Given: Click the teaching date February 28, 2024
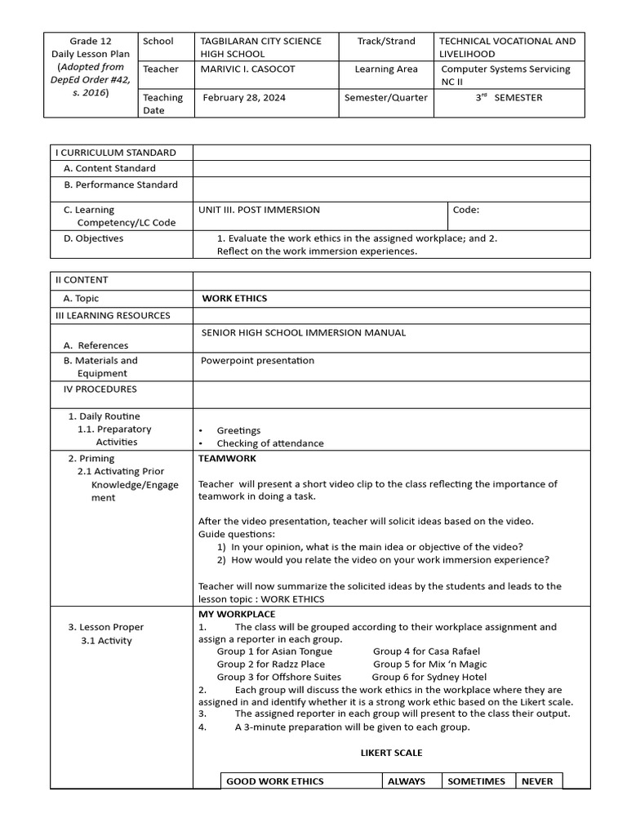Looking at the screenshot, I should pos(244,97).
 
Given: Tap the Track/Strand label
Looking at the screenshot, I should pos(386,41).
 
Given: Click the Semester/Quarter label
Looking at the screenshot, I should pos(386,97).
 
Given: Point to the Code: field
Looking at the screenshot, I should pos(466,210).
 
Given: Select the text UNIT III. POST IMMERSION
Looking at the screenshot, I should pos(259,210).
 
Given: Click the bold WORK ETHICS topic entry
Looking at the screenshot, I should pos(234,299).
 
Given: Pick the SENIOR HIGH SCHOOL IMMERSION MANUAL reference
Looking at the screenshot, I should pos(303,333).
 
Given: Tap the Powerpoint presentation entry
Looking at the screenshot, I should pos(257,361).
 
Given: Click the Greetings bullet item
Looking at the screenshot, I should pos(238,430).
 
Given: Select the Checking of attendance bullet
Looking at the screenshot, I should pos(269,443).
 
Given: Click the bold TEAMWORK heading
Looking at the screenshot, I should pos(227,459).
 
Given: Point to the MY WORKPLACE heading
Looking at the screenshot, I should pos(237,614).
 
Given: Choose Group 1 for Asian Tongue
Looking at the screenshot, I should pos(274,651).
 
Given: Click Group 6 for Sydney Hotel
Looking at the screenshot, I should pos(429,677).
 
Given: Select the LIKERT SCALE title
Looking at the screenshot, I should pos(391,753).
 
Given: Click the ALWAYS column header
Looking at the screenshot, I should pos(407,781).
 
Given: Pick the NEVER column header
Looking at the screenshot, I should pos(537,781).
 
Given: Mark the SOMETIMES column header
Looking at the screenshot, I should pos(476,781).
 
